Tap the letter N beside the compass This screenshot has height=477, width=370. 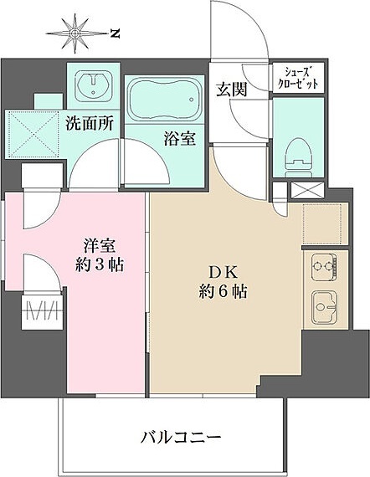point(114,33)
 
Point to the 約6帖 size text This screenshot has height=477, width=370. point(222,293)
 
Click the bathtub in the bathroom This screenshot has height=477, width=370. point(164,100)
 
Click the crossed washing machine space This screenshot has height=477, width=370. point(31,134)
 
